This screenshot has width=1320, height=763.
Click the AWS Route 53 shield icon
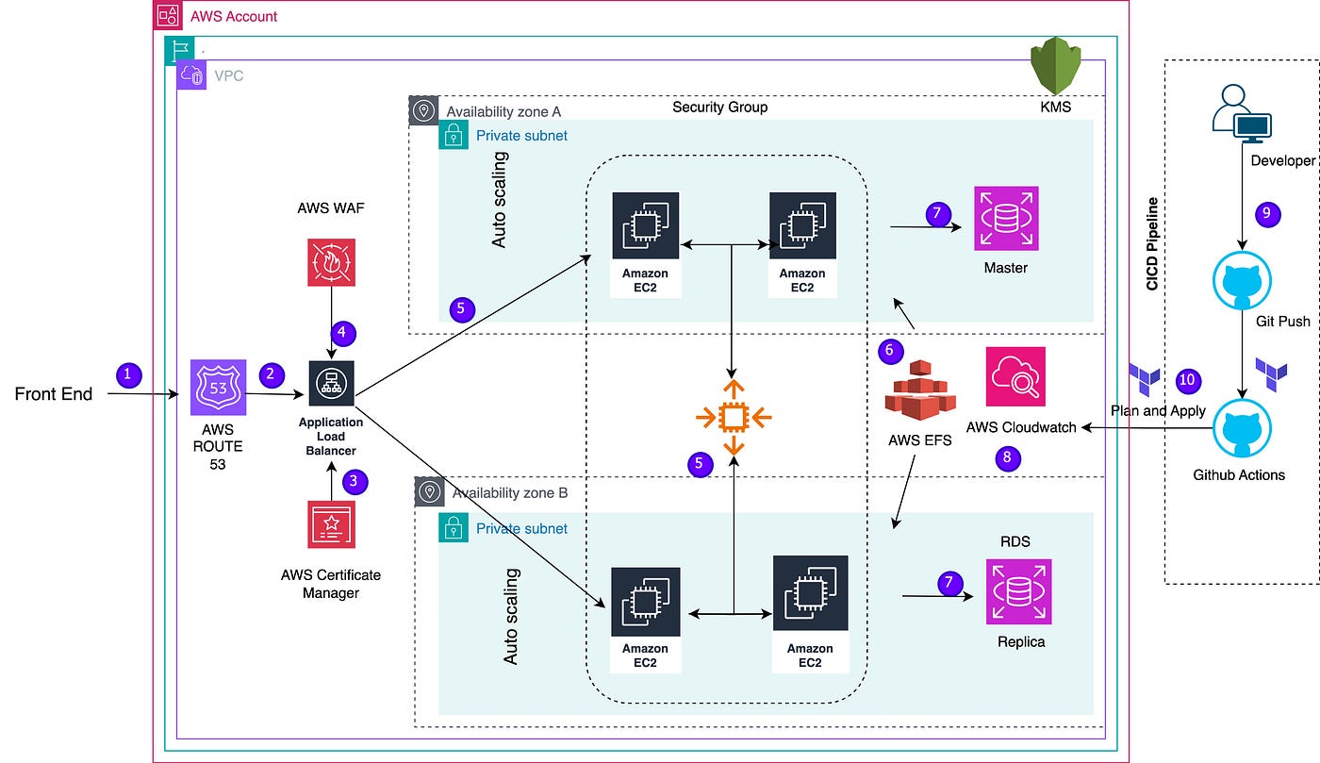point(218,388)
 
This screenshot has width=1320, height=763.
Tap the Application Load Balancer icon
point(331,383)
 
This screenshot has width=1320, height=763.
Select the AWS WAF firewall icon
point(331,262)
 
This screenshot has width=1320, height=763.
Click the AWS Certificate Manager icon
point(331,524)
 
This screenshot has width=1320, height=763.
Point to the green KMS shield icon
point(1055,65)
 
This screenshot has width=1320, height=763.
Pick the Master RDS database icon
point(1007,218)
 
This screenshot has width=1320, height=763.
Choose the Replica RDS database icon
point(1019,591)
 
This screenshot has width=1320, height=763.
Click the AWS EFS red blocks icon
point(920,390)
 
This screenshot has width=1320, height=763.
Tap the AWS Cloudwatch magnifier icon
point(1015,376)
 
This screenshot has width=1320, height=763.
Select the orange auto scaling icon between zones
point(734,418)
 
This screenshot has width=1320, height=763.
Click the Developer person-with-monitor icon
point(1242,113)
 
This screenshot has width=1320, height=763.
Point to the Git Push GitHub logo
point(1243,281)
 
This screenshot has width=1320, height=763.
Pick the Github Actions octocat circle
point(1243,429)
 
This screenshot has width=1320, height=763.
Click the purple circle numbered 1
point(128,375)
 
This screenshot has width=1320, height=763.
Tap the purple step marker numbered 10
point(1188,380)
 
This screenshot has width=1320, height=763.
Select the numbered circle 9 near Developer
point(1267,214)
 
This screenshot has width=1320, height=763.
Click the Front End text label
point(54,394)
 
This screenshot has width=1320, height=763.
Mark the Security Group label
point(720,107)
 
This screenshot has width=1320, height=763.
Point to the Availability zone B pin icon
point(430,491)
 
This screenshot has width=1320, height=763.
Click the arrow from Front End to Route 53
point(143,394)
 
